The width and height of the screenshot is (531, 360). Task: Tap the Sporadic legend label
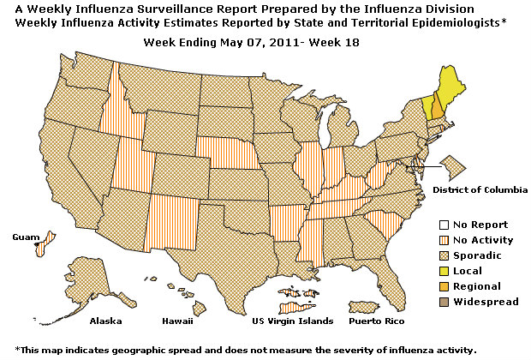pyautogui.click(x=477, y=255)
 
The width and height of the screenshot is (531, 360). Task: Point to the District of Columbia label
pyautogui.click(x=480, y=189)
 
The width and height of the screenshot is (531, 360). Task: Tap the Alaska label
pyautogui.click(x=106, y=321)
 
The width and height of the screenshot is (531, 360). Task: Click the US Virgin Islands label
pyautogui.click(x=289, y=321)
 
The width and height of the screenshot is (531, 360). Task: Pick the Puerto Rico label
pyautogui.click(x=373, y=321)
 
